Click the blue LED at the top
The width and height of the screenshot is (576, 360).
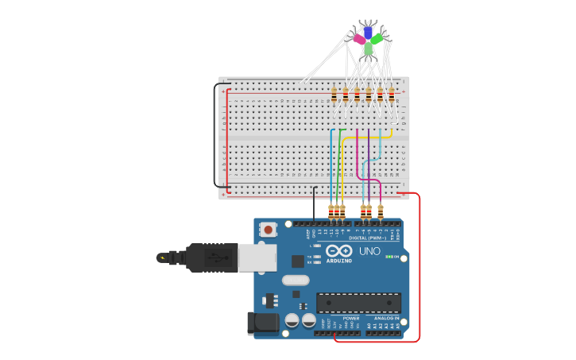(x=367, y=32)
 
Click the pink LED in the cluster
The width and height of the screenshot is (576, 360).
(x=359, y=38)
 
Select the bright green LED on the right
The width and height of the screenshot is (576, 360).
(x=377, y=37)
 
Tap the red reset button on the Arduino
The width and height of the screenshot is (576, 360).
(x=269, y=230)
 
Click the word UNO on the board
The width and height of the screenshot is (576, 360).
(x=369, y=251)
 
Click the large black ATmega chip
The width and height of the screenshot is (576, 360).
(x=358, y=302)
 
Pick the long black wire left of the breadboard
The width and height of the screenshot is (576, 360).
(x=215, y=135)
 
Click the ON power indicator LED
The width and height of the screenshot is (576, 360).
(x=391, y=257)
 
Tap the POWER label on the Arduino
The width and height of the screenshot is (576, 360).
(x=350, y=318)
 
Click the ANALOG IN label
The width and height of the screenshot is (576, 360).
(x=386, y=318)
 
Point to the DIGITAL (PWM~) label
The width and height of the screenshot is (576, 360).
(x=367, y=238)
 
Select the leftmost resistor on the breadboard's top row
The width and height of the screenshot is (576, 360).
(x=334, y=95)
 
